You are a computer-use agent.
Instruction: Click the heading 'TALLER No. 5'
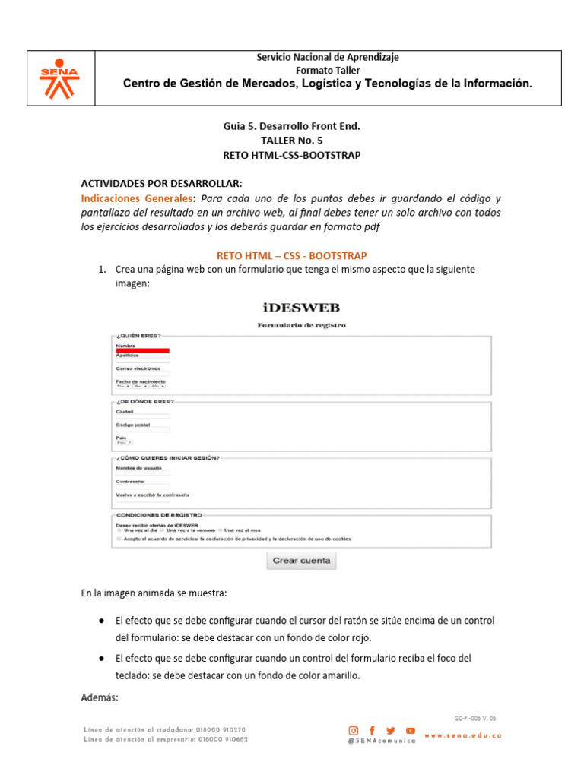pos(291,141)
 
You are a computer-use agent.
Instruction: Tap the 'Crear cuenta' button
pos(301,561)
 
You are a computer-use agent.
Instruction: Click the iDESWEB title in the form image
pos(300,308)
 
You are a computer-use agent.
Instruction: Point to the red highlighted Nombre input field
pos(142,350)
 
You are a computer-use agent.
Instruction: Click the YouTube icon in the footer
pos(411,730)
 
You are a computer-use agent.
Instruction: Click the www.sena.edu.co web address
pos(463,735)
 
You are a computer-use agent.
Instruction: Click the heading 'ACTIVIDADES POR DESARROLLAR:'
pos(161,184)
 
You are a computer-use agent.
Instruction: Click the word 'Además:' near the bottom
pos(100,697)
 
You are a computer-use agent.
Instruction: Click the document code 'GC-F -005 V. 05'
pos(475,717)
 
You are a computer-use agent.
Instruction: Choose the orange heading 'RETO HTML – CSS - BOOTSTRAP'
pos(291,255)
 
